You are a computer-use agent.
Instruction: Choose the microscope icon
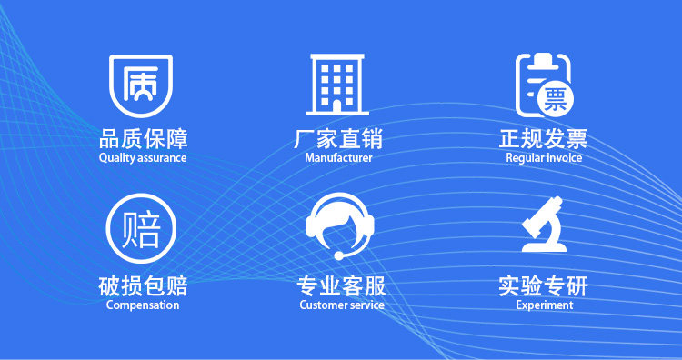(545, 225)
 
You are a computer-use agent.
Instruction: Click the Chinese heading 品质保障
(143, 139)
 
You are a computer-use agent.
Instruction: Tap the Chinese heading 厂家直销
(338, 139)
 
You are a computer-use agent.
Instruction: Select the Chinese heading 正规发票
(543, 139)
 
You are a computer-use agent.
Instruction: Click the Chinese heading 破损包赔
(143, 286)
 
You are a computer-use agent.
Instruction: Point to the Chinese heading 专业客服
(341, 286)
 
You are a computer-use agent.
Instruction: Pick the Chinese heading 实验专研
(543, 286)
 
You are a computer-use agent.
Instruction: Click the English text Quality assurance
(143, 158)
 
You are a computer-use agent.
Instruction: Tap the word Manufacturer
(338, 157)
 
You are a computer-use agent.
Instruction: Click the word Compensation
(143, 305)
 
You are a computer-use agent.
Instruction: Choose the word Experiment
(544, 305)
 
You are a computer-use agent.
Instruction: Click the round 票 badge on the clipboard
(556, 100)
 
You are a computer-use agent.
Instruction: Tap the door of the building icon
(337, 105)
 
